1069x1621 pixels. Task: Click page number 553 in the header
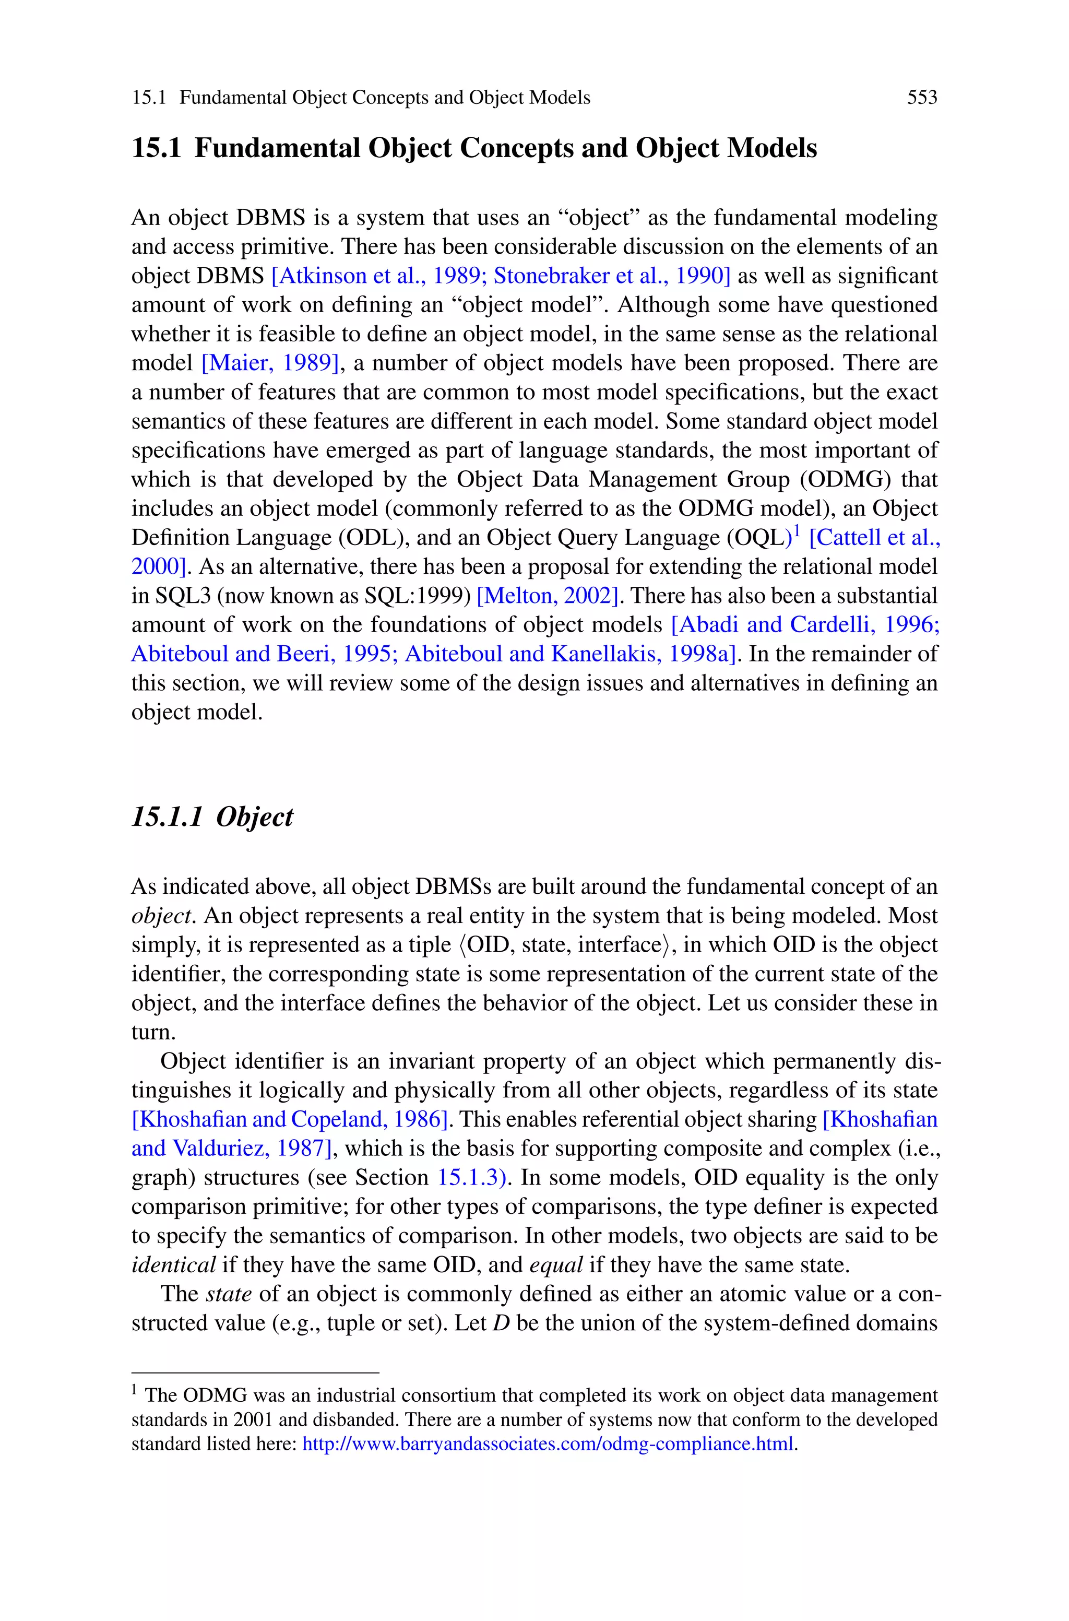pyautogui.click(x=922, y=98)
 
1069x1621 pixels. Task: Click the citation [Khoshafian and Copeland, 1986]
pyautogui.click(x=290, y=1119)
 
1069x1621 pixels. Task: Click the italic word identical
pyautogui.click(x=173, y=1265)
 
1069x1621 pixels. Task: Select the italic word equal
pyautogui.click(x=555, y=1265)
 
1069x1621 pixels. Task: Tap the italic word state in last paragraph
pyautogui.click(x=229, y=1294)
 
